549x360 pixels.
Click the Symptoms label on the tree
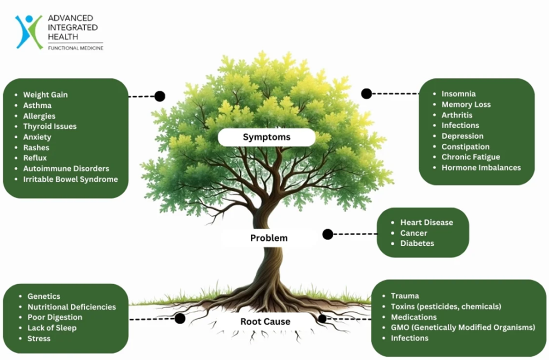(x=266, y=137)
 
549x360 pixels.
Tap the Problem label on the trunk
(x=269, y=238)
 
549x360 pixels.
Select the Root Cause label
(x=265, y=322)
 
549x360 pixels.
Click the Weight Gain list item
(x=45, y=95)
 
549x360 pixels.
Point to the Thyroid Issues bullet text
(x=49, y=127)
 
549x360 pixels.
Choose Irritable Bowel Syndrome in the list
(x=70, y=179)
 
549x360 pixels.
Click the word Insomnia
(x=458, y=94)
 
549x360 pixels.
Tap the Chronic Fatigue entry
(x=470, y=157)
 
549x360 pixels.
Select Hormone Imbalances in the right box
(x=481, y=167)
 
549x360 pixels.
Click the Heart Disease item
(x=426, y=223)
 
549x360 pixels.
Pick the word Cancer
(x=413, y=233)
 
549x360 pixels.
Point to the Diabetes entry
(x=417, y=244)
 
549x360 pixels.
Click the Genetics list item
(x=43, y=297)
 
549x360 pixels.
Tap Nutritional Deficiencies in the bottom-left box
(x=71, y=307)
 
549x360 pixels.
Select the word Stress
(x=39, y=339)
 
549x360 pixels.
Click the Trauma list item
(x=405, y=296)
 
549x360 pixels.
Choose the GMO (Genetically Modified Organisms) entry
(x=463, y=328)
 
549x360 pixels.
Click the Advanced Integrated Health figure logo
(x=28, y=31)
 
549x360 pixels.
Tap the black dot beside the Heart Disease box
(x=328, y=234)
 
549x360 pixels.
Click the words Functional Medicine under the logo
(x=75, y=48)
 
